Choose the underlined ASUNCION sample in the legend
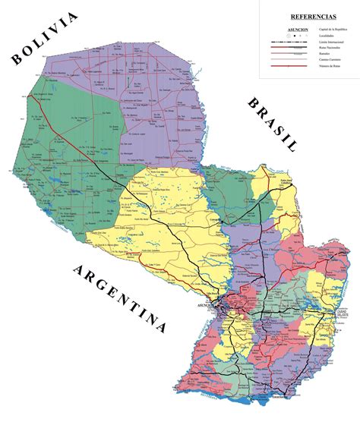pyautogui.click(x=297, y=30)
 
